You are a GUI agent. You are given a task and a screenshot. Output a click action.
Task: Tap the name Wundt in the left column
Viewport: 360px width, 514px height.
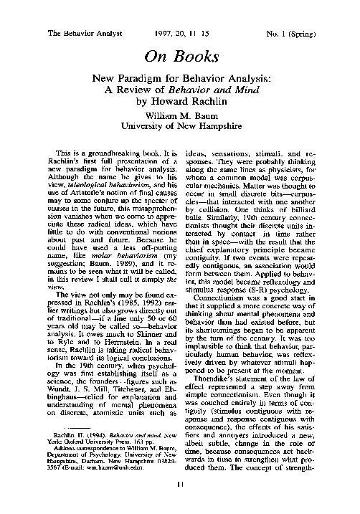49,365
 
